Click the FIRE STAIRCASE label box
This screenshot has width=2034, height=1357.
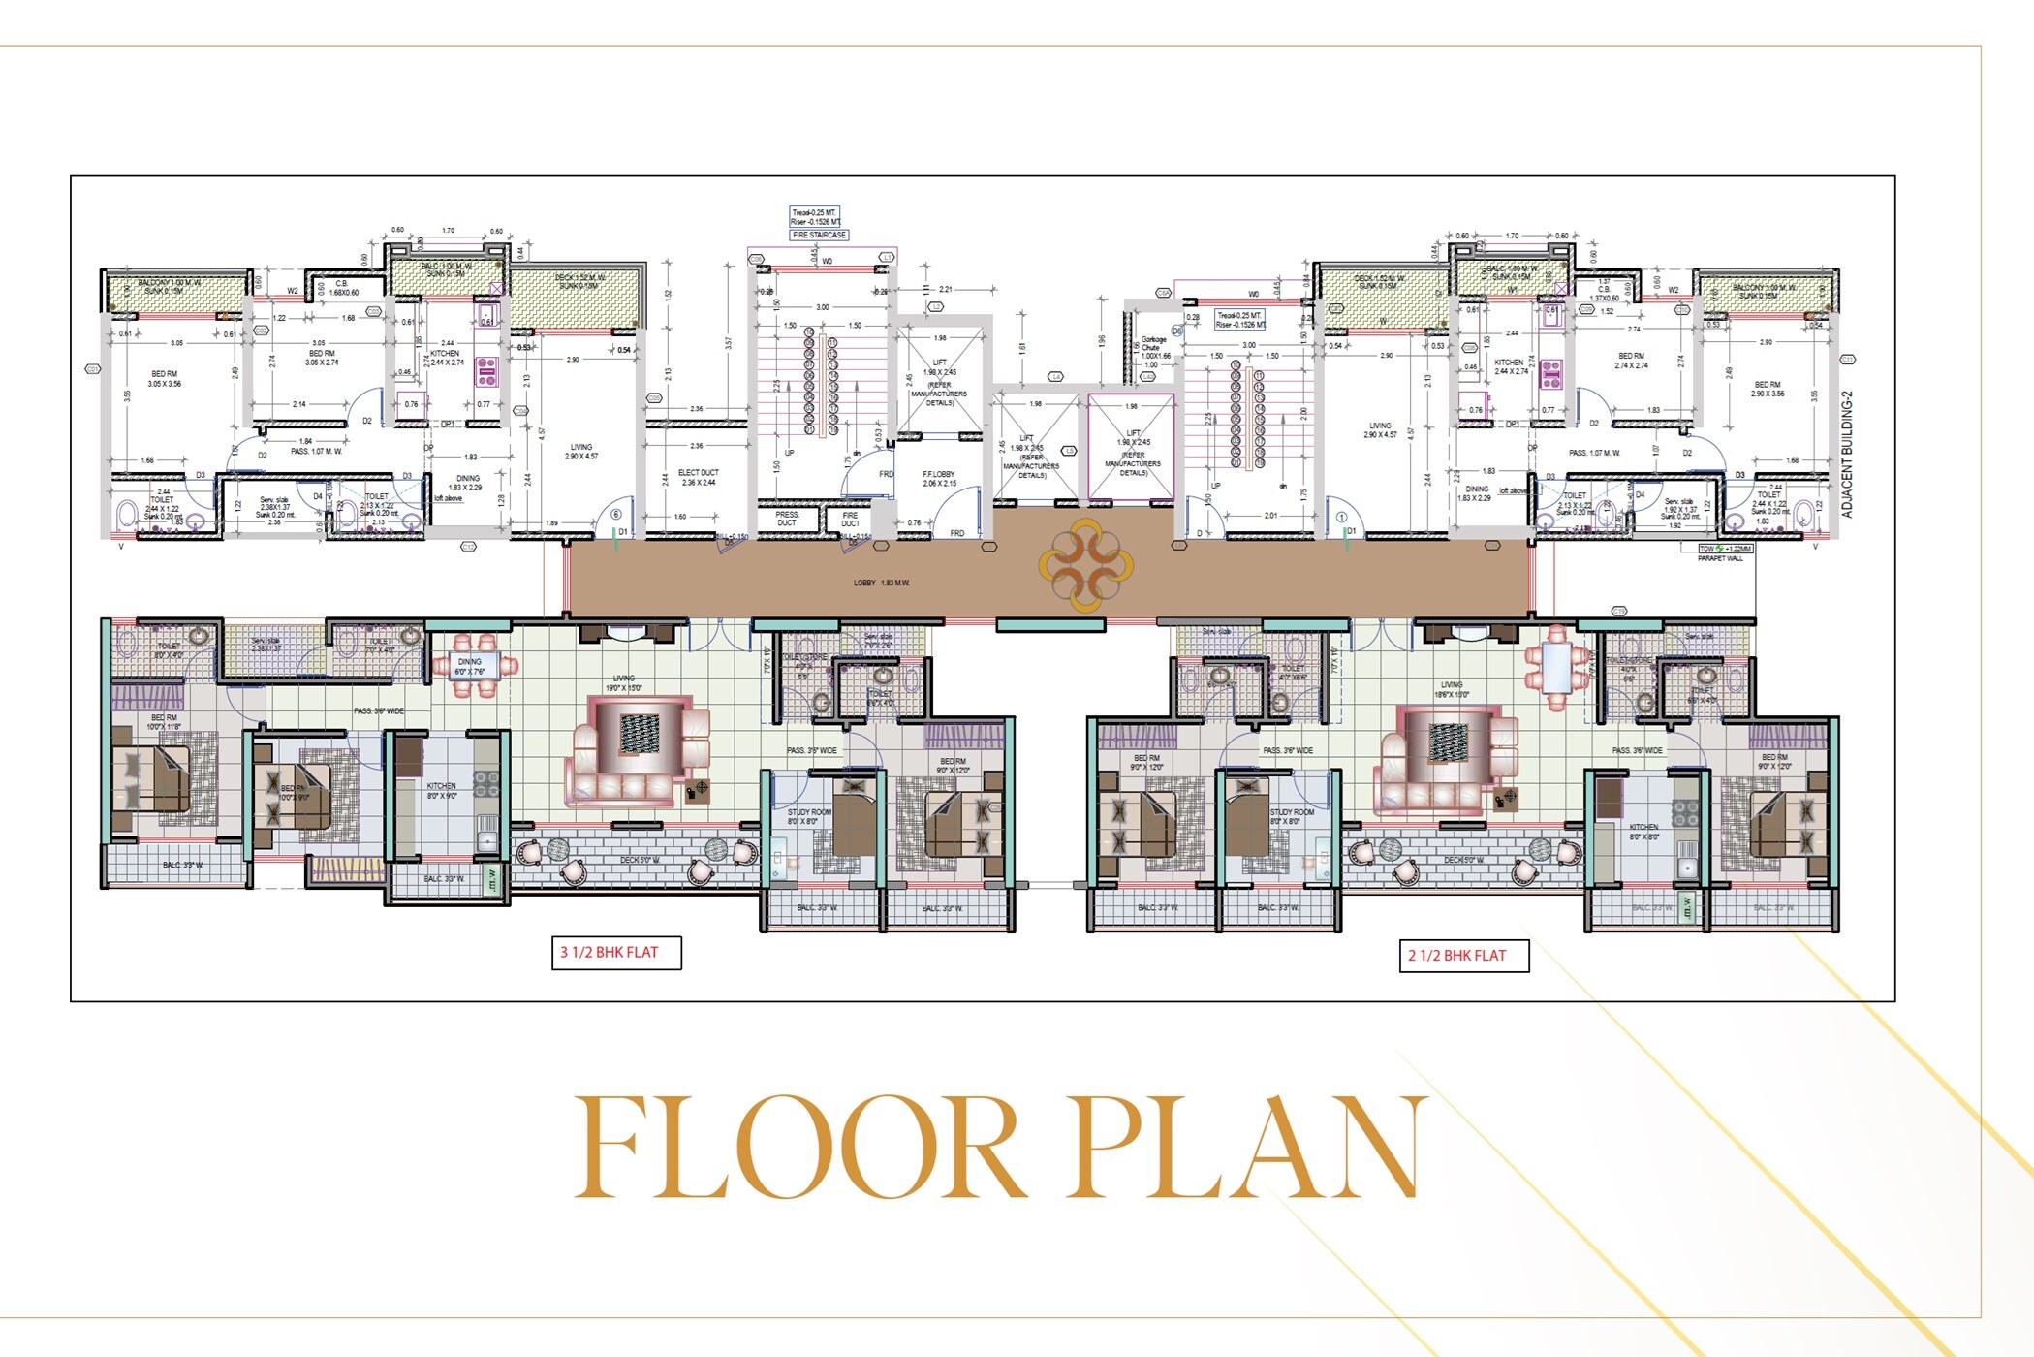point(820,235)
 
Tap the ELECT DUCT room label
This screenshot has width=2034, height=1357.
point(698,477)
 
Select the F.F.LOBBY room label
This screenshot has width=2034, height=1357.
point(939,479)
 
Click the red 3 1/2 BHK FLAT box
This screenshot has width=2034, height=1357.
point(616,952)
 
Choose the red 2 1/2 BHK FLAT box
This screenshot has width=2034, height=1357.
point(1463,955)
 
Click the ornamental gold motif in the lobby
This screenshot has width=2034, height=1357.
point(1085,565)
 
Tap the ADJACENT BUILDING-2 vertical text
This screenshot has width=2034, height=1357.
point(1847,454)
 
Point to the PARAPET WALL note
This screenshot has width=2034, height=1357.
point(1720,559)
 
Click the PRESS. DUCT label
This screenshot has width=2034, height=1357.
point(787,519)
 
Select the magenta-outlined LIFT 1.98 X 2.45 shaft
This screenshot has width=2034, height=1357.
point(1132,447)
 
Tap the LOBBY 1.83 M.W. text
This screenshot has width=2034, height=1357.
point(881,583)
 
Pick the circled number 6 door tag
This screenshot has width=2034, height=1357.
point(616,515)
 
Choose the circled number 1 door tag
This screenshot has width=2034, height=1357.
point(1342,518)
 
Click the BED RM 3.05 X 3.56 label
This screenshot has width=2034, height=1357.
point(165,378)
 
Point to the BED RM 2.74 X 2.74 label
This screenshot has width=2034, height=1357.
point(1631,361)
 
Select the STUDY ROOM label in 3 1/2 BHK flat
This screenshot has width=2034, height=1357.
point(809,816)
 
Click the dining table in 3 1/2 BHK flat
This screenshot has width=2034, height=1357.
point(476,665)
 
